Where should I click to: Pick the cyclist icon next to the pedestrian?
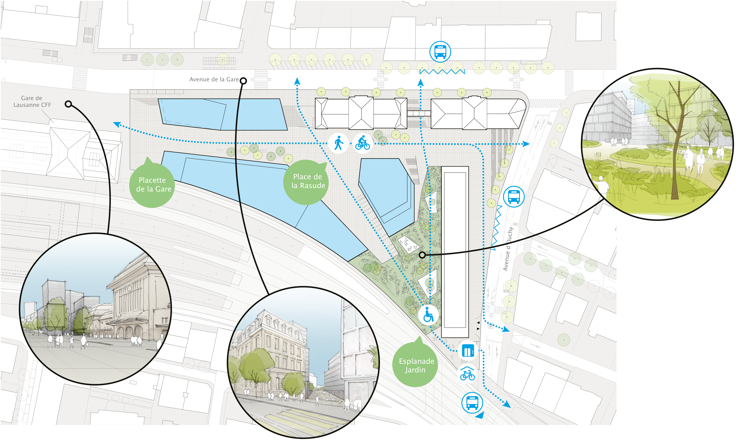point(363,143)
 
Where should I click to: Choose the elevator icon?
point(468,351)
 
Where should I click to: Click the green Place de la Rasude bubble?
point(307,182)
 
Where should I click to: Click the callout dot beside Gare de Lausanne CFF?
point(68,104)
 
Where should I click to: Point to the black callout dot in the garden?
point(422,255)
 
